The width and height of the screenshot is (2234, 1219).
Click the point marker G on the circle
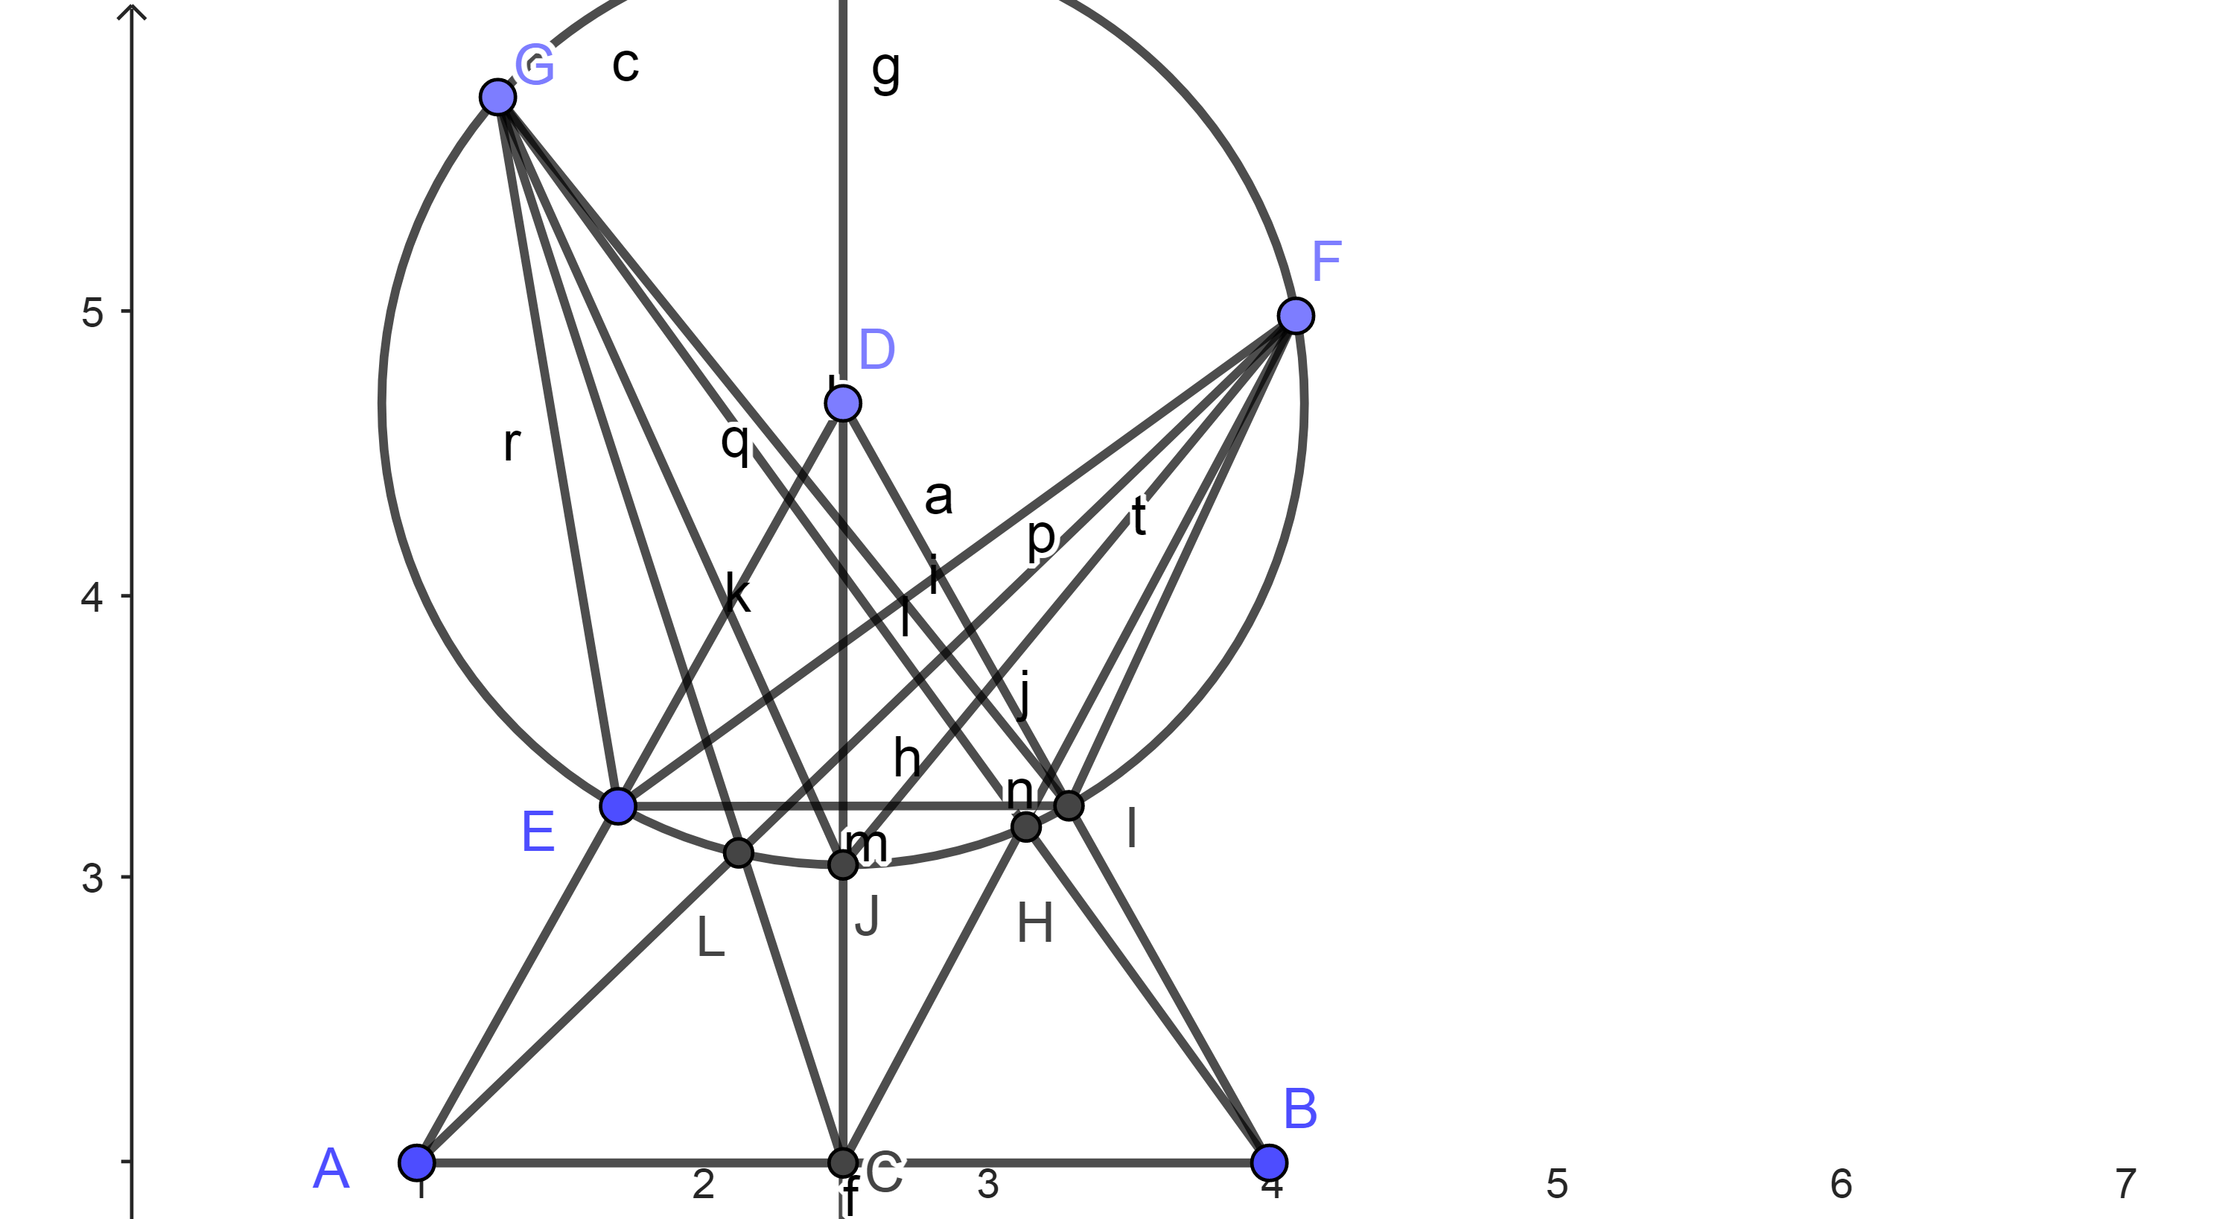[497, 96]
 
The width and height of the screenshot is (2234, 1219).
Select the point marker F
[1296, 315]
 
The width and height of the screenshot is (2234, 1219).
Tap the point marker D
[842, 402]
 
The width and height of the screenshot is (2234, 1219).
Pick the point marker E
[617, 806]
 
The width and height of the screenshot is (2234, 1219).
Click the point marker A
[416, 1161]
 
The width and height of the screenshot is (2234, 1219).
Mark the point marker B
[1270, 1161]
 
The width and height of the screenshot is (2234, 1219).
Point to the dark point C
[842, 1161]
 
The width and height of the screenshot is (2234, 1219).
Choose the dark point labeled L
[738, 853]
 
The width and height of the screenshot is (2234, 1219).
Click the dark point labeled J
[842, 864]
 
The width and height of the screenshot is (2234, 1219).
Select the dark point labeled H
[1026, 827]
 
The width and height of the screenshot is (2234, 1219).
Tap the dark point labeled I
[1069, 806]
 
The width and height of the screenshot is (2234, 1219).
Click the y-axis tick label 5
[92, 312]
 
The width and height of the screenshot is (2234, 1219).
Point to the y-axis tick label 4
[92, 598]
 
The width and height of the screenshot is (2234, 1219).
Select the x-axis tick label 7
[2125, 1184]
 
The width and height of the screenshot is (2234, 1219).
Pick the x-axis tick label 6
[1841, 1184]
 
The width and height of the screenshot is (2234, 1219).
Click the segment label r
[512, 443]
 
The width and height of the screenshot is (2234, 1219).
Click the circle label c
[626, 64]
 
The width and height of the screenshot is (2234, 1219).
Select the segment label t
[1139, 516]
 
